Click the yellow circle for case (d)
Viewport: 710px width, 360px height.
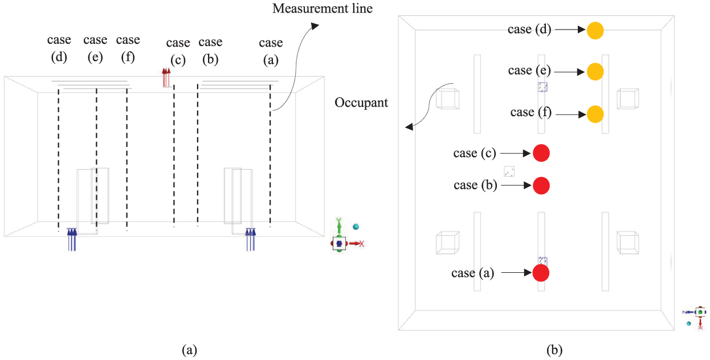click(x=595, y=30)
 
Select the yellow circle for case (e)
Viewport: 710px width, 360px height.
click(x=595, y=72)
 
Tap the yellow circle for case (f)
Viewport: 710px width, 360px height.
click(x=595, y=114)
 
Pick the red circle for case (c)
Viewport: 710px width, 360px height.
click(x=541, y=153)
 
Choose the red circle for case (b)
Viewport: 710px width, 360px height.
click(x=541, y=185)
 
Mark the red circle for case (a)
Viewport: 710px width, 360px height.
click(x=541, y=273)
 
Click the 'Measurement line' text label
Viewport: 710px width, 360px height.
click(x=323, y=9)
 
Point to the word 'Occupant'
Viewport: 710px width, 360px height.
click(x=361, y=103)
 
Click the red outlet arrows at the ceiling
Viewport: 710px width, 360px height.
click(x=166, y=77)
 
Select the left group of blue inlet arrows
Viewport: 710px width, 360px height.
click(x=72, y=240)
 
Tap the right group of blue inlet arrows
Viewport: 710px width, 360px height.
click(x=251, y=240)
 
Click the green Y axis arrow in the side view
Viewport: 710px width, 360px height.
click(x=339, y=226)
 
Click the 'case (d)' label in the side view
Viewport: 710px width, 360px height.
click(x=59, y=48)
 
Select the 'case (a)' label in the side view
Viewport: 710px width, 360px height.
click(x=271, y=51)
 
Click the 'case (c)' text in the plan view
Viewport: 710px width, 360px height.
click(x=475, y=153)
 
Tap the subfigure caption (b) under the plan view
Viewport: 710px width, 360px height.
click(x=554, y=350)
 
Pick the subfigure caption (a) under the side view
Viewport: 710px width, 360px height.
click(x=190, y=350)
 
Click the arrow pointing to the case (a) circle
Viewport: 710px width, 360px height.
click(x=517, y=272)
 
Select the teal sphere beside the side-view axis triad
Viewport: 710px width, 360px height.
click(x=356, y=227)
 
